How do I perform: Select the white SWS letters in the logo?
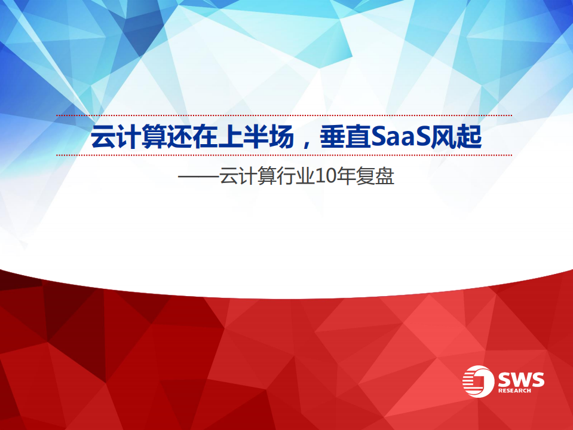pos(521,379)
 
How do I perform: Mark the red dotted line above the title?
pos(284,115)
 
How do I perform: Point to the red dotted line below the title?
pos(284,155)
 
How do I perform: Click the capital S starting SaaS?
pos(376,138)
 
